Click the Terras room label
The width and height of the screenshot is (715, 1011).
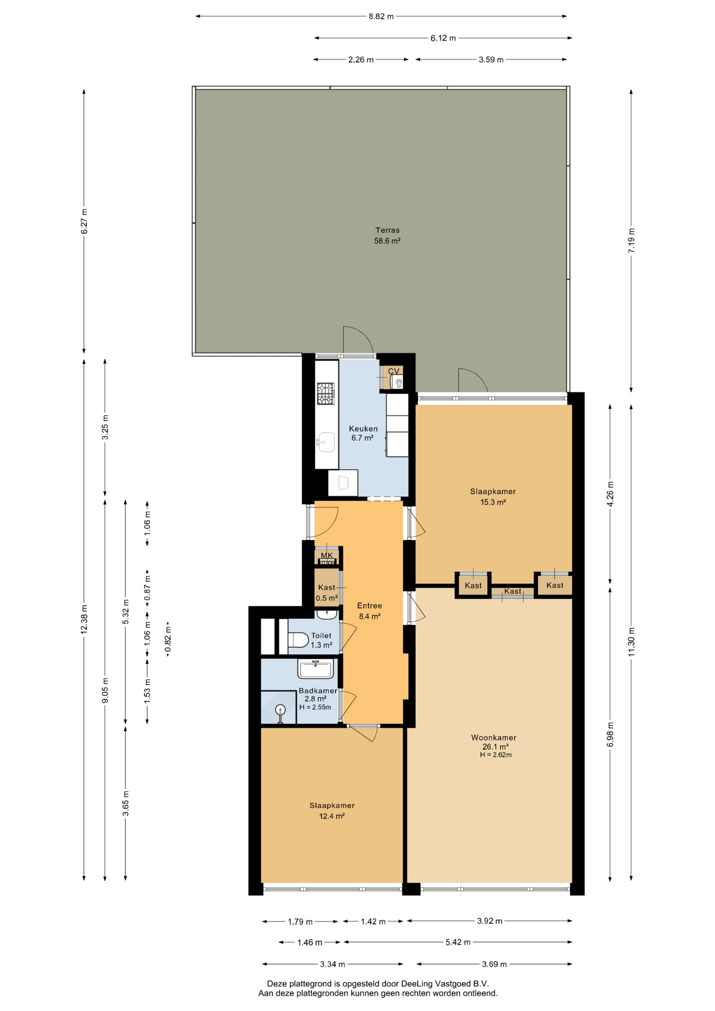coord(388,230)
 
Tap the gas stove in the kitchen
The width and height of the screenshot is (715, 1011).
coord(325,393)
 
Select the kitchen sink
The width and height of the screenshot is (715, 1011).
coord(326,442)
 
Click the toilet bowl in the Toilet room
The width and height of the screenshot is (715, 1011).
coord(298,640)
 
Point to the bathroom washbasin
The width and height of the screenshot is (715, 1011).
coord(315,669)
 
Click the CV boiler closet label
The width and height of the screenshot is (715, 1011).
coord(394,371)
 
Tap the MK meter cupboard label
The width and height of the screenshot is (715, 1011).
coord(327,556)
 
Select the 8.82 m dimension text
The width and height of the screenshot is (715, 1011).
coord(381,16)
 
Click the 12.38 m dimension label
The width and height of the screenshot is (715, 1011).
coord(84,620)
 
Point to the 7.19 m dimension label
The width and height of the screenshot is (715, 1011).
coord(631,240)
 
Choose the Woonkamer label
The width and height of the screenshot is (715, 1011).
coord(494,738)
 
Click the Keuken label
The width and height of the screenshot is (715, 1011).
coord(363,429)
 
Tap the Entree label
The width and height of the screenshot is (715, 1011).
coord(370,606)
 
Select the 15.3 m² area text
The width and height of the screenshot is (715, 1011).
coord(493,502)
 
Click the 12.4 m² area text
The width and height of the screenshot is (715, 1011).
coord(332,816)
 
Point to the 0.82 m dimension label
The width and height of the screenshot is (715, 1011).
coord(168,638)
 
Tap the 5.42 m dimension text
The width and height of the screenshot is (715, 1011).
coord(458,942)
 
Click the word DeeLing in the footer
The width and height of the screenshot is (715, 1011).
coord(420,984)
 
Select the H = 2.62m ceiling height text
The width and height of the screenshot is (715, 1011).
coord(495,755)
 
